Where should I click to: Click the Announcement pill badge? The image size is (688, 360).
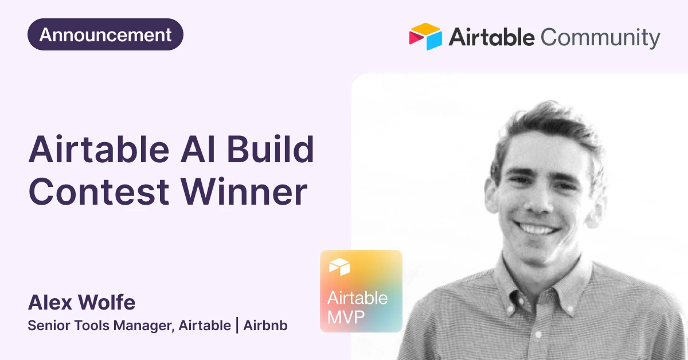click(x=105, y=34)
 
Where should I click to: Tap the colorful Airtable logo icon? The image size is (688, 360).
click(x=425, y=36)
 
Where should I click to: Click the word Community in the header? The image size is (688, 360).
click(x=600, y=38)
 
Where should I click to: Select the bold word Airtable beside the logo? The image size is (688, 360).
click(x=491, y=37)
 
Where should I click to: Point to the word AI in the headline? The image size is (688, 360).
click(x=197, y=149)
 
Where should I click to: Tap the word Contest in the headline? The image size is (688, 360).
click(x=99, y=191)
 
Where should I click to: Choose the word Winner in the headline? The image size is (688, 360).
click(x=244, y=191)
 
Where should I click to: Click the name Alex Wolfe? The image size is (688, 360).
click(x=81, y=302)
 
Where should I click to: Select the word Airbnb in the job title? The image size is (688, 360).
click(x=265, y=325)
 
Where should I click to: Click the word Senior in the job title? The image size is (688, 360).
click(x=49, y=325)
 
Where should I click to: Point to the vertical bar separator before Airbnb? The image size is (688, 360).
click(x=237, y=325)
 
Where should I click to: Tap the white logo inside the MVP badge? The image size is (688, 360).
click(x=339, y=267)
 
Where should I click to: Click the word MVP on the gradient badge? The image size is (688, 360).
click(x=346, y=316)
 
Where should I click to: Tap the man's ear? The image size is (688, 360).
click(x=492, y=194)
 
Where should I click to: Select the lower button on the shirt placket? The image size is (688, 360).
click(x=538, y=335)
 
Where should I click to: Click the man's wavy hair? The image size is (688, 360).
click(x=550, y=123)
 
